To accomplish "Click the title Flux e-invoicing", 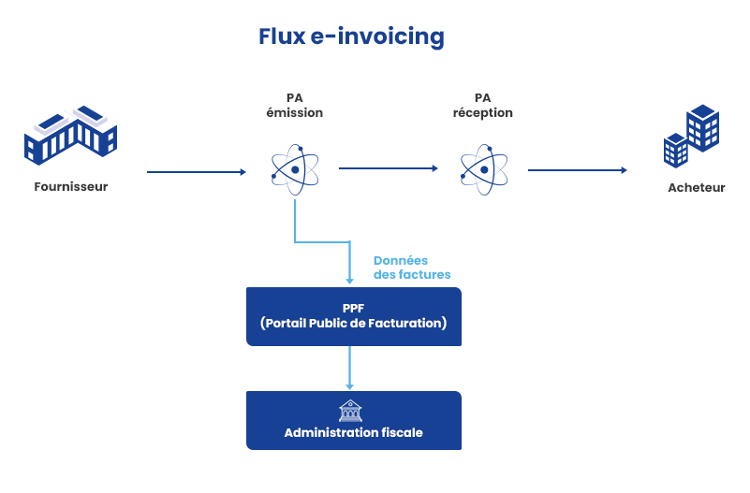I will click(351, 36).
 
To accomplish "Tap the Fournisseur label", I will click(71, 186).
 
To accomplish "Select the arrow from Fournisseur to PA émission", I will click(196, 172).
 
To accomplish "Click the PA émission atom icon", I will click(295, 169).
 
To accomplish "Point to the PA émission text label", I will click(295, 105).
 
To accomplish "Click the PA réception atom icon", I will click(484, 169).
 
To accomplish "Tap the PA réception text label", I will click(483, 105).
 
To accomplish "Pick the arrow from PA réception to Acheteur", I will click(577, 170).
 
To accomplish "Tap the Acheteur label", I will click(697, 187).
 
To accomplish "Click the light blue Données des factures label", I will click(412, 268).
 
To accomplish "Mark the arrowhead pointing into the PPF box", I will click(350, 280).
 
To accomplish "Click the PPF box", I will click(353, 316).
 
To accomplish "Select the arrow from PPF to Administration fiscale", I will click(350, 368).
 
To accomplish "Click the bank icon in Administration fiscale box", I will click(350, 411).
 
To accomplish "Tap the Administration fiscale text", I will click(353, 432).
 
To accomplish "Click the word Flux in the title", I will click(280, 36).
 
